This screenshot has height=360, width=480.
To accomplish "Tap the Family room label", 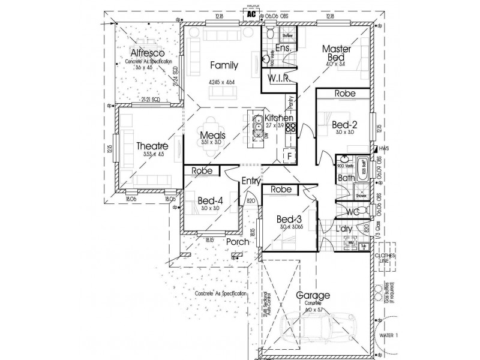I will pyautogui.click(x=222, y=66).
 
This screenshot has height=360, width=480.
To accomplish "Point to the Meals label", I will pyautogui.click(x=213, y=136).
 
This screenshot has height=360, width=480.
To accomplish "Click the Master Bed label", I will pyautogui.click(x=335, y=53).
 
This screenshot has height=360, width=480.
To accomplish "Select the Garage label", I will pyautogui.click(x=313, y=295).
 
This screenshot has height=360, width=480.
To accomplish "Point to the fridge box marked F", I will pyautogui.click(x=289, y=156).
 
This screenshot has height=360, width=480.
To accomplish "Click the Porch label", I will pyautogui.click(x=237, y=241).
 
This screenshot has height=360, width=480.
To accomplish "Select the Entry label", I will pyautogui.click(x=250, y=181).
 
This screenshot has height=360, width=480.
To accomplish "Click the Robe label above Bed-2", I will pyautogui.click(x=344, y=94).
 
